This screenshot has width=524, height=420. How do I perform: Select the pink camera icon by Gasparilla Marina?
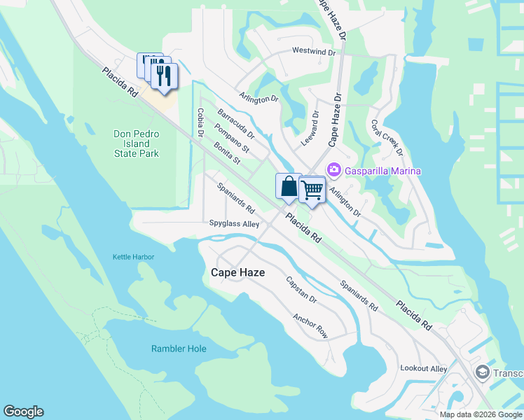[333, 170]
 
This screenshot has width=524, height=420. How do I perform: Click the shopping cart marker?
[312, 189]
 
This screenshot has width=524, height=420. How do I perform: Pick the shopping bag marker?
[289, 187]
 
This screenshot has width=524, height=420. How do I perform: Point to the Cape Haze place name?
[237, 272]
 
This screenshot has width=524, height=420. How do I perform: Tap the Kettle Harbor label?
[133, 257]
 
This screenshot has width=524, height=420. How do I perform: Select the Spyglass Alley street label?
[234, 224]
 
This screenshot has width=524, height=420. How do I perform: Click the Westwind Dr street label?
[314, 52]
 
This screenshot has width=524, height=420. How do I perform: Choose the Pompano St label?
[232, 138]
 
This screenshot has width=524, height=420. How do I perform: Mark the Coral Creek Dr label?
[387, 136]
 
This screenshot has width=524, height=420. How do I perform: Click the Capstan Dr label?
[301, 290]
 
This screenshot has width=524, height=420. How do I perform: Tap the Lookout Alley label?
[423, 368]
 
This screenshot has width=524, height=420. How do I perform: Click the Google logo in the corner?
[23, 412]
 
